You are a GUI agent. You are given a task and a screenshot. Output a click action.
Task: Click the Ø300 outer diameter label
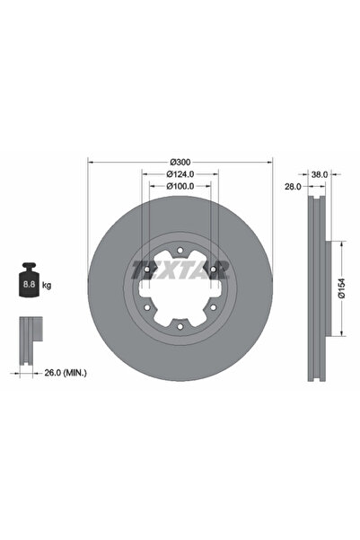177,162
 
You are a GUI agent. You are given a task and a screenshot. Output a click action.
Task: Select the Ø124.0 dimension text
177,174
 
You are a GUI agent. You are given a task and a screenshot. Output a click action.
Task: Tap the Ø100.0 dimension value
177,186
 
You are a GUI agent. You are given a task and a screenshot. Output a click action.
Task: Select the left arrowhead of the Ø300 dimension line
90,163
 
